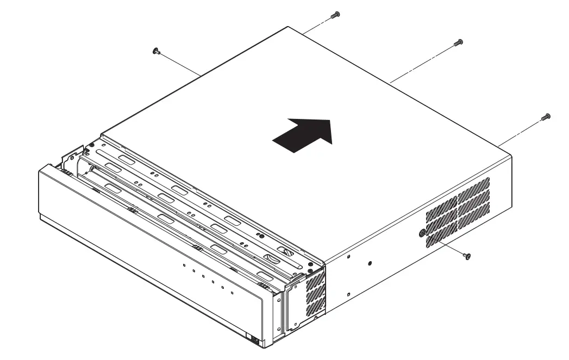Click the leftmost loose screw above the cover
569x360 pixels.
pyautogui.click(x=157, y=52)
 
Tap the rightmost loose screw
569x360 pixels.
pyautogui.click(x=546, y=117)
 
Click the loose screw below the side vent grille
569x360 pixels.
pyautogui.click(x=467, y=255)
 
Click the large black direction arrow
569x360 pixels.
pyautogui.click(x=303, y=134)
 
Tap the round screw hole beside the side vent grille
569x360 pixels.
pyautogui.click(x=422, y=232)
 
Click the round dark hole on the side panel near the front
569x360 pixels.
pyautogui.click(x=370, y=263)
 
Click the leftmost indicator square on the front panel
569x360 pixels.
pyautogui.click(x=185, y=266)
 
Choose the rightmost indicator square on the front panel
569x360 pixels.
pyautogui.click(x=232, y=293)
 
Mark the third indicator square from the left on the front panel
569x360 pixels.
pyautogui.click(x=203, y=277)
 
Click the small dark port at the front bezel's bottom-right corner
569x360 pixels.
pyautogui.click(x=253, y=340)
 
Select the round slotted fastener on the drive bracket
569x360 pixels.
pyautogui.click(x=287, y=252)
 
